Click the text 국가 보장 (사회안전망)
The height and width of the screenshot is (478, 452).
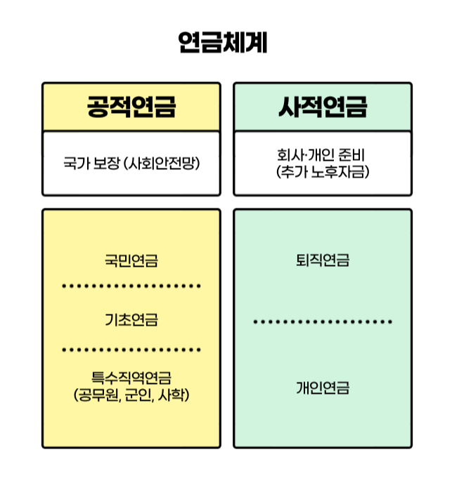tap(131, 164)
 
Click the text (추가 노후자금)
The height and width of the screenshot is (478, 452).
tap(323, 171)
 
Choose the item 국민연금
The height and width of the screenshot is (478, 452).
tap(131, 261)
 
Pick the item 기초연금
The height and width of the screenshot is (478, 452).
tap(131, 320)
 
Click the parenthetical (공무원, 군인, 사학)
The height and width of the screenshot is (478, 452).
tap(131, 395)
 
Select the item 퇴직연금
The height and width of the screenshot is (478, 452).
tap(323, 261)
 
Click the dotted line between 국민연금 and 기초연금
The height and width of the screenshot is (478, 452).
tap(131, 286)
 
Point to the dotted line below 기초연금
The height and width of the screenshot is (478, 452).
tap(131, 349)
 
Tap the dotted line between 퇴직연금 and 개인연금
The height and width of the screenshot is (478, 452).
tap(323, 322)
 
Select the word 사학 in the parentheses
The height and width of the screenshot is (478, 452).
tap(173, 395)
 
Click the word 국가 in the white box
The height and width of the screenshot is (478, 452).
tap(75, 164)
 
